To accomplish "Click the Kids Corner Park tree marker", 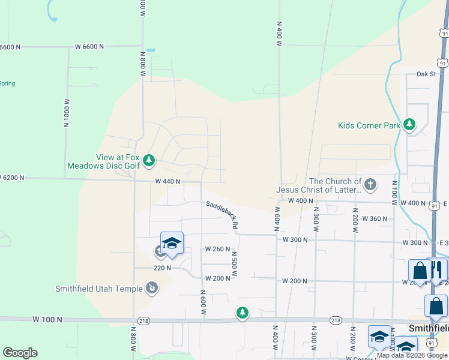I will click(x=409, y=125).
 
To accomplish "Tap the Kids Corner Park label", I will click(x=369, y=126).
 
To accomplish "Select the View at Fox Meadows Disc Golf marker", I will click(x=149, y=160).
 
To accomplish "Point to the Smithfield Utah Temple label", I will click(x=98, y=288).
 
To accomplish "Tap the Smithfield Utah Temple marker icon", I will click(x=152, y=289).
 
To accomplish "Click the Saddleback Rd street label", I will click(x=222, y=215).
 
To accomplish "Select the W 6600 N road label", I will click(x=89, y=46).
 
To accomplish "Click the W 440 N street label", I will click(x=167, y=181).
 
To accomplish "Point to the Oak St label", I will click(x=426, y=74).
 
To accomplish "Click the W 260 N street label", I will click(x=217, y=249).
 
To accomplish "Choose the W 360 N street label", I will click(x=375, y=219).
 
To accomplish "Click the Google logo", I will click(x=20, y=353).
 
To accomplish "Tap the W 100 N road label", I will click(x=48, y=320).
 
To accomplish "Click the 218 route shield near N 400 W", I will click(x=336, y=320).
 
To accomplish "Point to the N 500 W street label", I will click(x=235, y=264).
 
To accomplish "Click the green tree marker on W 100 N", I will click(x=242, y=313).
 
